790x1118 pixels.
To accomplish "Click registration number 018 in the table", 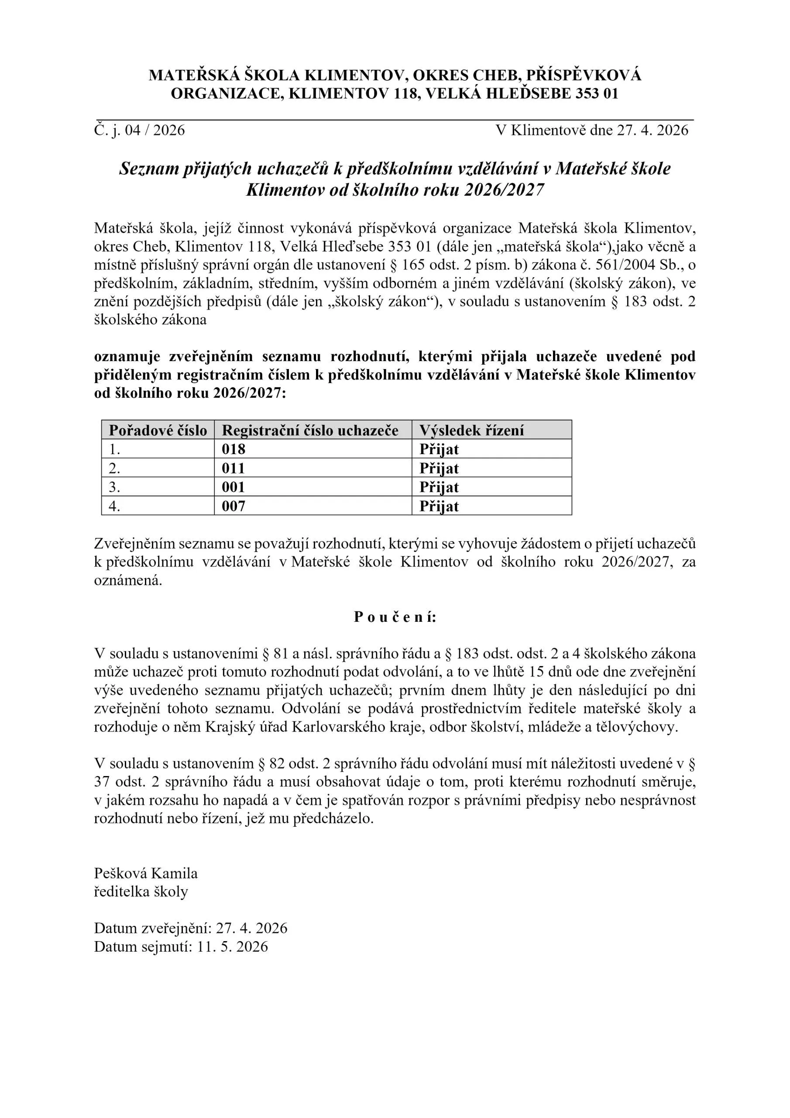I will (233, 449).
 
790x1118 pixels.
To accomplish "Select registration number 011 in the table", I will (233, 468).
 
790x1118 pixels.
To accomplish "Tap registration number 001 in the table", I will (233, 487).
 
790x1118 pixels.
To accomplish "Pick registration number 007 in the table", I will (233, 506).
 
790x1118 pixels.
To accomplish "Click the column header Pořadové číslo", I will (158, 431).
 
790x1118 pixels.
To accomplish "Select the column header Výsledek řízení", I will (471, 431).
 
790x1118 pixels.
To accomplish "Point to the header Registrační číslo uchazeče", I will (310, 431).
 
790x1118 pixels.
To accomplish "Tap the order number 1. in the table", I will (114, 449).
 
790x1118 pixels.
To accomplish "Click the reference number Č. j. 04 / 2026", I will (140, 130).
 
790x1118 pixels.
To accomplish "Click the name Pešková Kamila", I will (145, 873).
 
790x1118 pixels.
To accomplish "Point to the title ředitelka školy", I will (141, 892).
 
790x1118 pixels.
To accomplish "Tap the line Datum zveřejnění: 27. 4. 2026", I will (190, 928).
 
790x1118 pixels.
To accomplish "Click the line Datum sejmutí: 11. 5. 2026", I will (181, 947).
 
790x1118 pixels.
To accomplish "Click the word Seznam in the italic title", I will (149, 169).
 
